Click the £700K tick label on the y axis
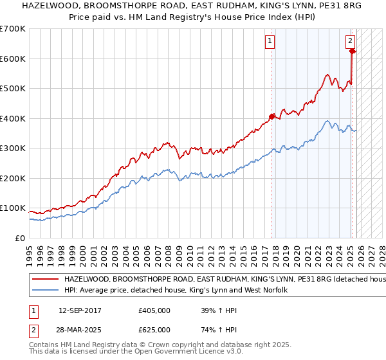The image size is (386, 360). (13, 29)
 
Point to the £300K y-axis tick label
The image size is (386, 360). (13, 148)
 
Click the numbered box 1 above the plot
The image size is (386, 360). (270, 41)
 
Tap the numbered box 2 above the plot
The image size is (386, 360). (351, 41)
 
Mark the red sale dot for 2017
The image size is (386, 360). (272, 116)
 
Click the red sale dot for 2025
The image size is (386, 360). (353, 51)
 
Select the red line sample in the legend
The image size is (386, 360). (46, 280)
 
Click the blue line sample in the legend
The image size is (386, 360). (46, 291)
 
